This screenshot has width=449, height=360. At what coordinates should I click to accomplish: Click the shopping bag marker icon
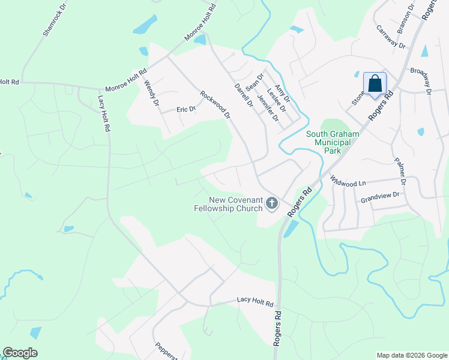pyautogui.click(x=375, y=83)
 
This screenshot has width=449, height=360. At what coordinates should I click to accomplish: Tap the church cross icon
pyautogui.click(x=272, y=204)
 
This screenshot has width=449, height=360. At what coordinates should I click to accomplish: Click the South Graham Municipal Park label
pyautogui.click(x=332, y=142)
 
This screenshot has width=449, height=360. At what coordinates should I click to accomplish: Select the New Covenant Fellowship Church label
pyautogui.click(x=236, y=204)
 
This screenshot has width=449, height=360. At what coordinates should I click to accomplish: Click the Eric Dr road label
pyautogui.click(x=186, y=109)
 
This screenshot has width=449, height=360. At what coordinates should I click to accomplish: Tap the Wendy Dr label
pyautogui.click(x=151, y=95)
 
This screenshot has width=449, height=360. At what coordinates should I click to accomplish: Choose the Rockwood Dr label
pyautogui.click(x=215, y=104)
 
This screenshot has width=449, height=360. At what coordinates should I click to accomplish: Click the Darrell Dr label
pyautogui.click(x=244, y=95)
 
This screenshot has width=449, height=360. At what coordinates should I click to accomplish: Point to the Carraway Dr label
pyautogui.click(x=391, y=36)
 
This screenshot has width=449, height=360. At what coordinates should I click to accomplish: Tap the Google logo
pyautogui.click(x=20, y=353)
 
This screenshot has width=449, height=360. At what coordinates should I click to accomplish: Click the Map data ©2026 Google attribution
pyautogui.click(x=411, y=355)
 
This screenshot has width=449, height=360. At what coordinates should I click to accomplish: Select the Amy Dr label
pyautogui.click(x=282, y=94)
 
